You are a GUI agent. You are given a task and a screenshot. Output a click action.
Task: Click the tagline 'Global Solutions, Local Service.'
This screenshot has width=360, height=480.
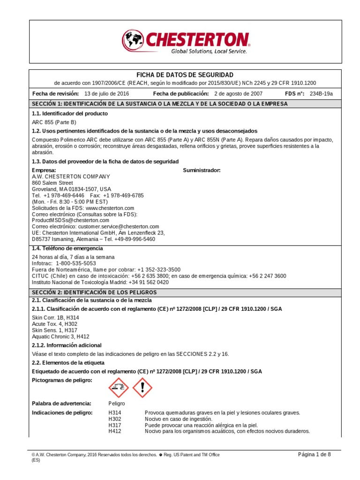point(209,52)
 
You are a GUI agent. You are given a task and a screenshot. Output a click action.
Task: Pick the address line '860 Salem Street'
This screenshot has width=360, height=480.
point(52,183)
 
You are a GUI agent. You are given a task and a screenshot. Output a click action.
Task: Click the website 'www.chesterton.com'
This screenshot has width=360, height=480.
point(110,208)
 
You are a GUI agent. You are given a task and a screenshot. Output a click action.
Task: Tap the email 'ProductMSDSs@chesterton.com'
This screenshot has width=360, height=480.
point(70,220)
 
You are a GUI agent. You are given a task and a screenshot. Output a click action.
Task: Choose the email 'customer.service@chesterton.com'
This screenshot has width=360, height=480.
point(119,226)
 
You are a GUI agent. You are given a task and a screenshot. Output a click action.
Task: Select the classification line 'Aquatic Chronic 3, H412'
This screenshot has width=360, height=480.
point(60,337)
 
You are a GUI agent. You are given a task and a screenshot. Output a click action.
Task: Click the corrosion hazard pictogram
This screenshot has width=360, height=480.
point(118,387)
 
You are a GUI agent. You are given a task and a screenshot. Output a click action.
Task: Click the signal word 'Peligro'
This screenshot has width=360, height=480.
point(117,403)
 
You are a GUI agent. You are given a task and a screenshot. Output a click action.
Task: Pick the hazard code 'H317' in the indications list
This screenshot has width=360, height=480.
point(114,425)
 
